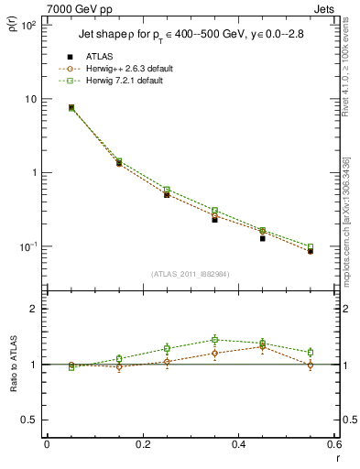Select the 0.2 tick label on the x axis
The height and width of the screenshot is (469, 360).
coord(142,444)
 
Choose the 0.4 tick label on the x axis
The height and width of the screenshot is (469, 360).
coord(239,444)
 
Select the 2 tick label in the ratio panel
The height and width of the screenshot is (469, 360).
coord(33,310)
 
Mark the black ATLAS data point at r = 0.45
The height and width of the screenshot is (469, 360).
coord(262,238)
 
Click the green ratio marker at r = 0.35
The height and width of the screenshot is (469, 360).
coord(214,340)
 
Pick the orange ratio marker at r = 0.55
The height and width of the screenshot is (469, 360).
coord(311,365)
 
